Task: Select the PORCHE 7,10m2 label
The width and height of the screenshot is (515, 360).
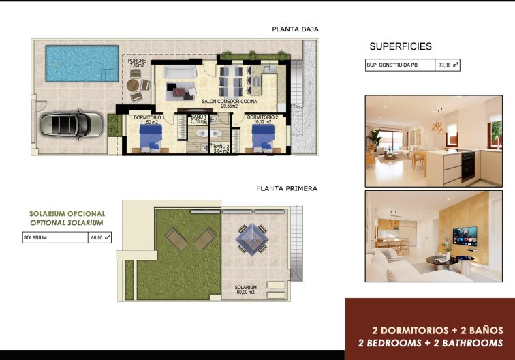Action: point(137,63)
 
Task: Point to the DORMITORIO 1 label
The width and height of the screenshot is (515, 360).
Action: point(149,118)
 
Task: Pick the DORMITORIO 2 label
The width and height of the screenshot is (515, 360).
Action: point(262,118)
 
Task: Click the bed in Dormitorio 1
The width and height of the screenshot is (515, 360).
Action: point(151,139)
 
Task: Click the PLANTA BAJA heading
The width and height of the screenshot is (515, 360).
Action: point(295,29)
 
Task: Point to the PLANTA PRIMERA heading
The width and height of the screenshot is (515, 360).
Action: point(287,189)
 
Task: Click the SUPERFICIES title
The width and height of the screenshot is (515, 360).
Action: point(401,47)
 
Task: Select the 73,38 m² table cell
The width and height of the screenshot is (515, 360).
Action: point(448,66)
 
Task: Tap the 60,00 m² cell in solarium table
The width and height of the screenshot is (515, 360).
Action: point(100,238)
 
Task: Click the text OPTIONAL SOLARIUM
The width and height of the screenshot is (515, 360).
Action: point(66,223)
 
